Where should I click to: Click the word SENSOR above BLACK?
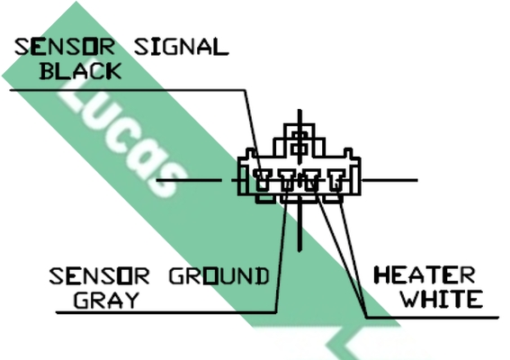click(x=65, y=47)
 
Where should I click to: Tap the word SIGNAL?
click(x=182, y=47)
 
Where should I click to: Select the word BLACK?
click(x=80, y=70)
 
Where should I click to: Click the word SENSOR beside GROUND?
click(x=99, y=276)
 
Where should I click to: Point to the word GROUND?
click(x=219, y=276)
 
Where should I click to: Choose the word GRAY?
click(x=106, y=300)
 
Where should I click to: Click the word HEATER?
click(x=425, y=275)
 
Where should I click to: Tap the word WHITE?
click(x=442, y=299)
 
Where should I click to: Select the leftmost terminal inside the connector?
click(x=262, y=180)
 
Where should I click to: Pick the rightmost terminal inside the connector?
click(x=336, y=180)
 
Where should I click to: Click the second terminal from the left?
click(x=287, y=180)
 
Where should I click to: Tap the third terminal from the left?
click(x=311, y=180)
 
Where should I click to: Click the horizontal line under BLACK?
click(x=128, y=89)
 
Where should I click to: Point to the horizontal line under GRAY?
click(x=166, y=312)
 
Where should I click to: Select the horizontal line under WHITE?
click(x=433, y=317)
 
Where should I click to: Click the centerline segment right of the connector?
click(x=389, y=180)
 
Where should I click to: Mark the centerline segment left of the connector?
click(x=189, y=180)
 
